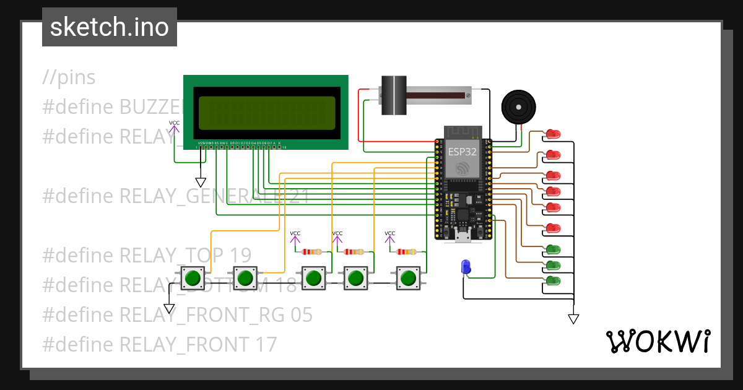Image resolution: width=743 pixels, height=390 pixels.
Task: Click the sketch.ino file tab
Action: [x=109, y=27]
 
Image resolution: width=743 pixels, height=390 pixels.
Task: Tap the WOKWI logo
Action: [x=657, y=341]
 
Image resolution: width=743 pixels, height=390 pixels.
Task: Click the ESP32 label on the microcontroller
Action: [x=462, y=150]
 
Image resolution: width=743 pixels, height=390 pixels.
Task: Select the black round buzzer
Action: [x=518, y=106]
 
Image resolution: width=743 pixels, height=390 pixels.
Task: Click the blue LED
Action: [x=466, y=267]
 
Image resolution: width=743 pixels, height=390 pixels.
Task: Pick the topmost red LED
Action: [x=552, y=134]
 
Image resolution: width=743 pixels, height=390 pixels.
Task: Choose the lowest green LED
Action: [x=552, y=281]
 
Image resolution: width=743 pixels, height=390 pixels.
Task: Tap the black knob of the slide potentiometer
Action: [x=393, y=95]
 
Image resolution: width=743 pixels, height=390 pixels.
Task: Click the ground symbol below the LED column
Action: [x=573, y=319]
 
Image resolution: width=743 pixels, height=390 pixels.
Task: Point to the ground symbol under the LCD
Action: [x=200, y=182]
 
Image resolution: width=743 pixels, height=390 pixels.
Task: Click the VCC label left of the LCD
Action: [x=175, y=123]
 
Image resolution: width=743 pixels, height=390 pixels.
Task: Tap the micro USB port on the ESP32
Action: [x=463, y=235]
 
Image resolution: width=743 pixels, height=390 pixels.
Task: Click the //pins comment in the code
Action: [x=69, y=77]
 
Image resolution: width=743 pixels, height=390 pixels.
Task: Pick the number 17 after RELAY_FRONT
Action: [x=266, y=344]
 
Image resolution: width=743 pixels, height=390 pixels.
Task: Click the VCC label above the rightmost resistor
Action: [x=389, y=233]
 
